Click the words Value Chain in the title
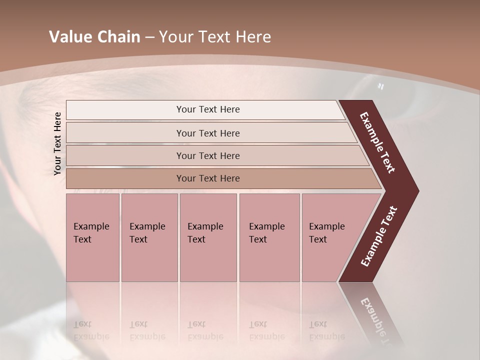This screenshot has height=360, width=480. click(x=94, y=37)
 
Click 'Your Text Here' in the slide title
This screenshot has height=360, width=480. click(x=215, y=37)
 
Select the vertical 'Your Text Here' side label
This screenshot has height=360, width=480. click(x=57, y=143)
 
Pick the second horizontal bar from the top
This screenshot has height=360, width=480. click(x=207, y=133)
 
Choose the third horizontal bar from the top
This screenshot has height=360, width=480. click(x=207, y=155)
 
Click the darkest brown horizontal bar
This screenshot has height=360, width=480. click(x=207, y=178)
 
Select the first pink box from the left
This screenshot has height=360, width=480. click(x=92, y=237)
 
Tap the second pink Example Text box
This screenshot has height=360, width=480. click(x=149, y=237)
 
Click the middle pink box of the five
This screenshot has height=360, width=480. click(x=208, y=237)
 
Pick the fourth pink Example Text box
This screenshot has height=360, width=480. click(x=269, y=237)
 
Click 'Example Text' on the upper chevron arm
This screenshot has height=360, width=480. click(x=377, y=142)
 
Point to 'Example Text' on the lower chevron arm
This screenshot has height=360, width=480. click(x=379, y=236)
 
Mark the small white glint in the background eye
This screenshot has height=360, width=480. click(x=380, y=86)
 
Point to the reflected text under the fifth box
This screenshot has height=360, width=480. click(x=326, y=330)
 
